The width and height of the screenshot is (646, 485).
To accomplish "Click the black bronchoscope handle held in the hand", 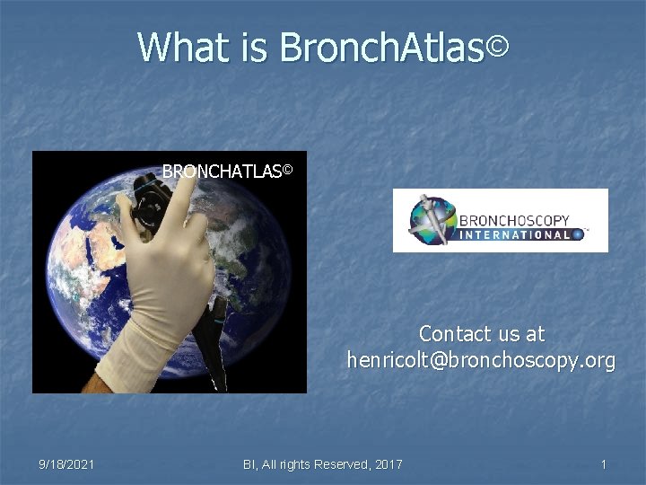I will [x=149, y=202].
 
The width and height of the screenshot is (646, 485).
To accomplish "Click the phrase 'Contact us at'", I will [x=482, y=334].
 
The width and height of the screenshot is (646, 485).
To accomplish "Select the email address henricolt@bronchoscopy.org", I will [x=481, y=361].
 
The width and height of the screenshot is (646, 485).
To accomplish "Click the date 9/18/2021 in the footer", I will [x=67, y=463].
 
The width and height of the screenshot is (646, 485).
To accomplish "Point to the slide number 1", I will [x=604, y=463].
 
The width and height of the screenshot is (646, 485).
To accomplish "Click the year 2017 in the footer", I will [x=388, y=463].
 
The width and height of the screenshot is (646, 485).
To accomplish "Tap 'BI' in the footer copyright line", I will [x=250, y=463].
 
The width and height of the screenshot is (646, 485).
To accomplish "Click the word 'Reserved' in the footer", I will [x=340, y=463].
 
